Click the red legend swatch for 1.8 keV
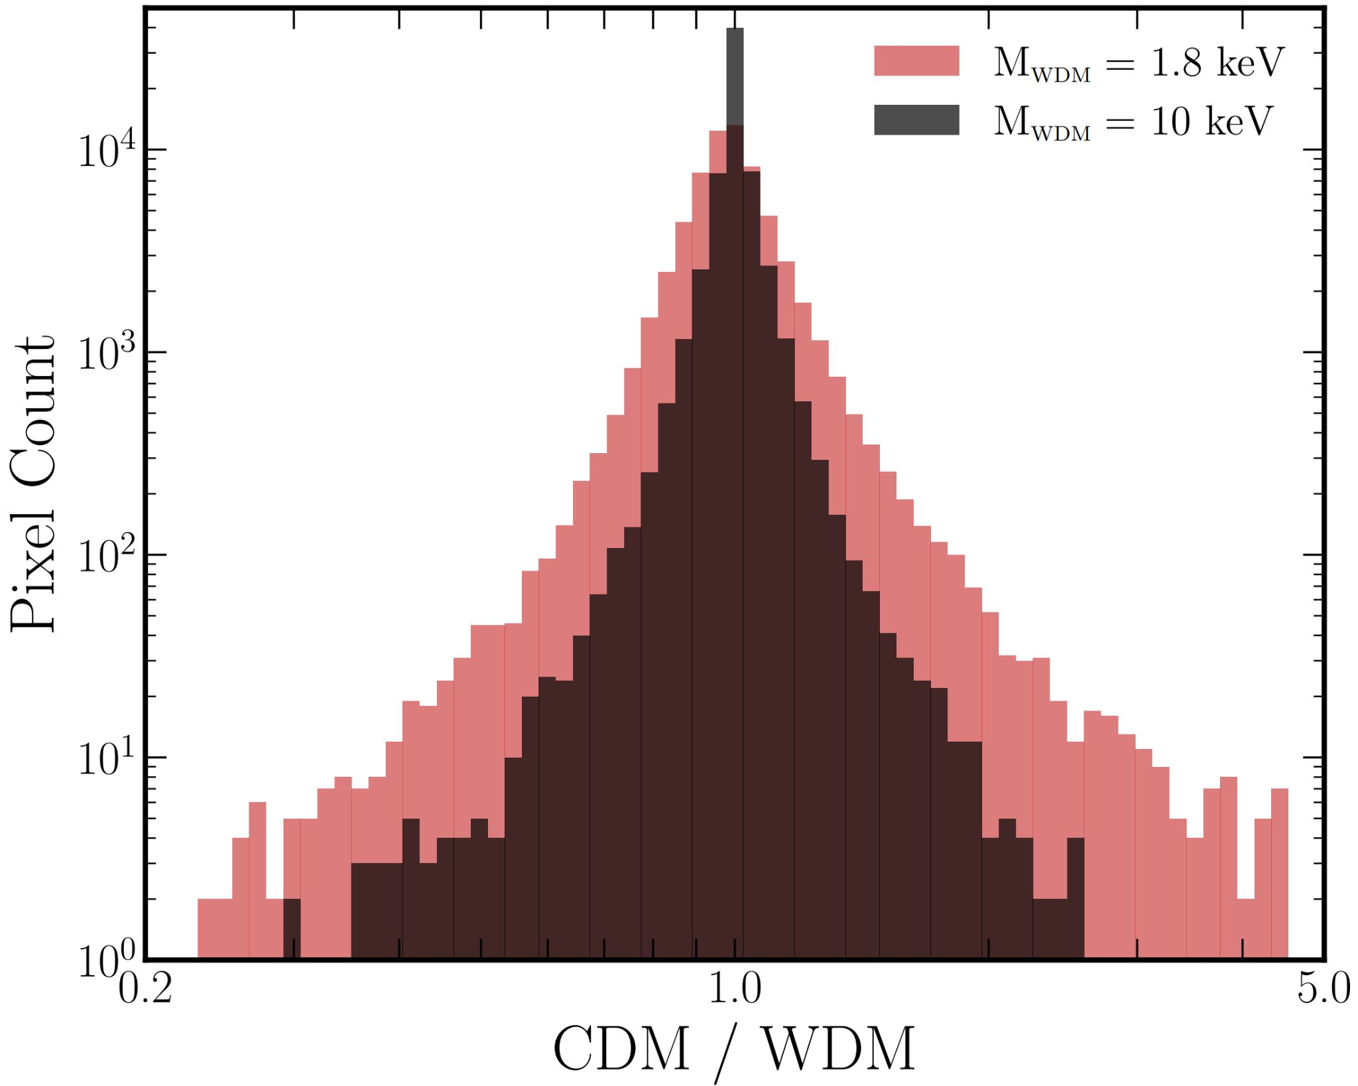tap(916, 61)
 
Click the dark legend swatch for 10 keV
tap(916, 120)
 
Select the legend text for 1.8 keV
tap(1138, 63)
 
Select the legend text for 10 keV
tap(1133, 122)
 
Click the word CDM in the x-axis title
tap(621, 1050)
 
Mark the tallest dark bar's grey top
tap(735, 76)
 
